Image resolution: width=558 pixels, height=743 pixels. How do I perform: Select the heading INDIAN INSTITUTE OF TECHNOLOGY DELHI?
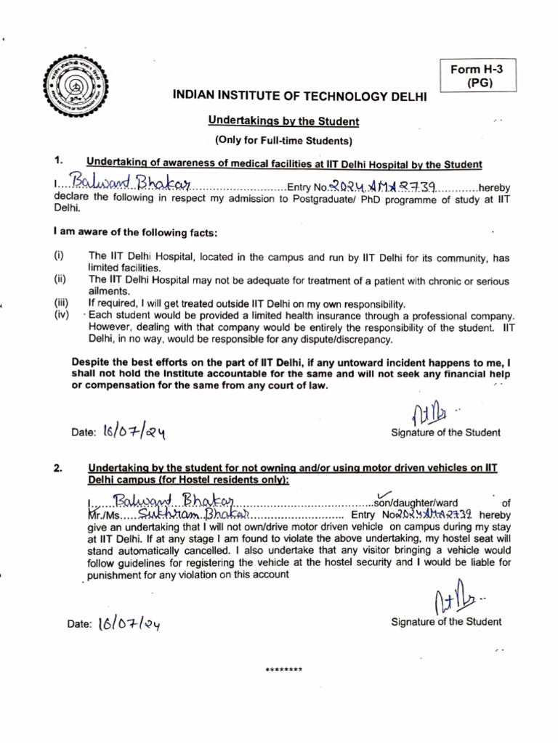point(299,96)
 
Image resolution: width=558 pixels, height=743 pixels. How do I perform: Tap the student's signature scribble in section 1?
point(429,414)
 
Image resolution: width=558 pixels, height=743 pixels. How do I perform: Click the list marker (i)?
point(58,256)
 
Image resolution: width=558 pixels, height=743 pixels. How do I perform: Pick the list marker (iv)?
point(60,316)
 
